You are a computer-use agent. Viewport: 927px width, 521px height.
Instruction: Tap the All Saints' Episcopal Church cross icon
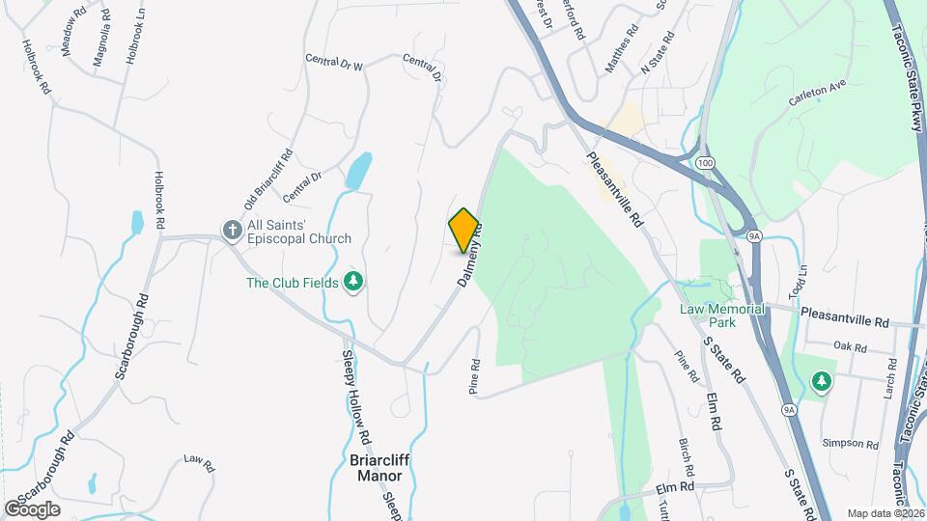[232, 230]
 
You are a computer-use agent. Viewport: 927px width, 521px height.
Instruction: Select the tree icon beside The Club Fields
[354, 282]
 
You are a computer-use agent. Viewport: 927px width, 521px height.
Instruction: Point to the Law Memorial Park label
[722, 315]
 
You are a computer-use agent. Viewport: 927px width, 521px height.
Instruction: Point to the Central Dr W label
[333, 63]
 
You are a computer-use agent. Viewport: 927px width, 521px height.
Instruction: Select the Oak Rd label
[849, 345]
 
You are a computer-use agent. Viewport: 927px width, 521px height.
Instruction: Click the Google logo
[32, 508]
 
